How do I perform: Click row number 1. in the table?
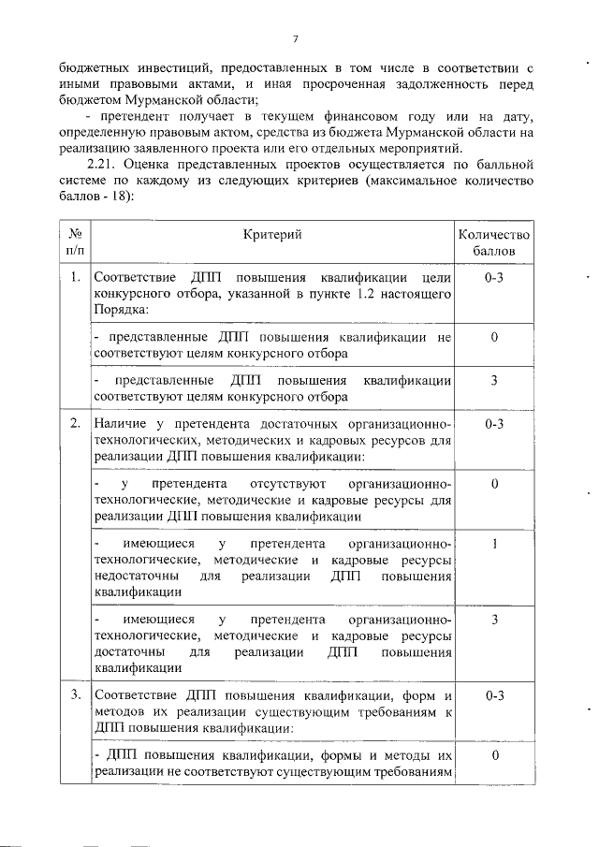pyautogui.click(x=75, y=278)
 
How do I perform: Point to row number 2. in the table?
pyautogui.click(x=75, y=424)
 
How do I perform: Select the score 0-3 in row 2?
pyautogui.click(x=493, y=424)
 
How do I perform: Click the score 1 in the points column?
pyautogui.click(x=493, y=543)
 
